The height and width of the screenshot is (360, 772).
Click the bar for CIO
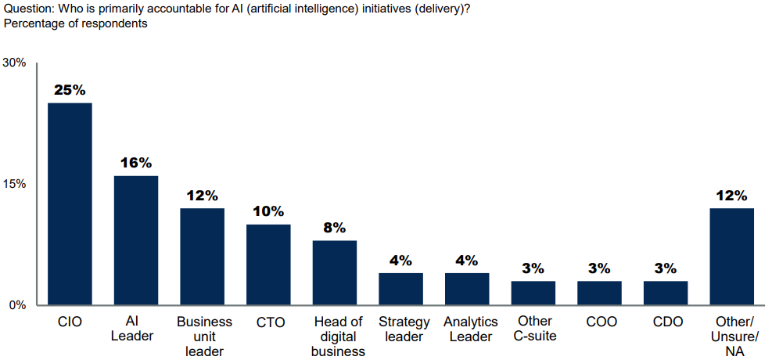click(70, 203)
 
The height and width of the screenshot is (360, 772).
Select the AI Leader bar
click(136, 240)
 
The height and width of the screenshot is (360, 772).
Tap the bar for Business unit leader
click(202, 256)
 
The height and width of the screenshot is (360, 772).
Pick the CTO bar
click(268, 265)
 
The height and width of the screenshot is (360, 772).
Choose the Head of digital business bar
click(335, 272)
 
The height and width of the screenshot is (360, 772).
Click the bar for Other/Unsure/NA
click(731, 256)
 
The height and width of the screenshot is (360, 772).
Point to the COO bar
click(599, 293)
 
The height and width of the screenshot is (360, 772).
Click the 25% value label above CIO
click(70, 90)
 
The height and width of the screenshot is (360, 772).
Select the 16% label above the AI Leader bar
click(136, 163)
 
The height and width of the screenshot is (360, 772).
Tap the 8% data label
click(335, 228)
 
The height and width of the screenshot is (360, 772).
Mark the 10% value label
click(268, 211)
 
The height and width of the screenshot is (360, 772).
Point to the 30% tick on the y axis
click(15, 63)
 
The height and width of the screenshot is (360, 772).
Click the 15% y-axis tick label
click(15, 184)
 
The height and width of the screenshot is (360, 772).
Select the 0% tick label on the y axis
click(18, 305)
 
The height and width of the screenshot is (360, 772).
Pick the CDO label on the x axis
click(666, 322)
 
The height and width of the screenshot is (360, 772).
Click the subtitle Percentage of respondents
click(76, 23)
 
